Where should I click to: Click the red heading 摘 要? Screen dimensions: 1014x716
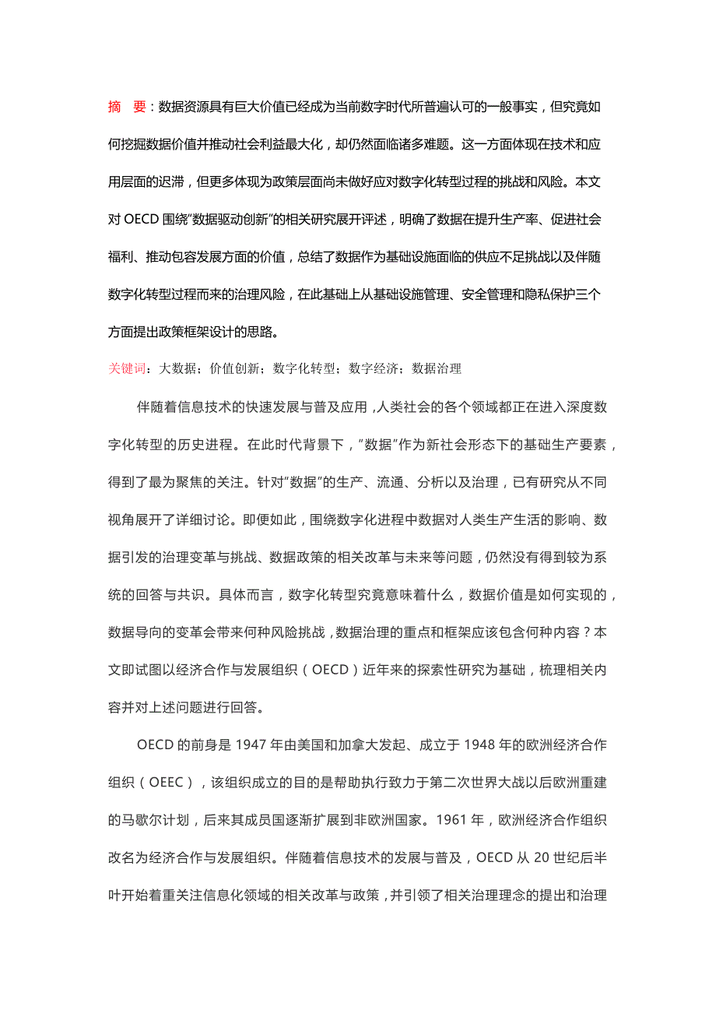(x=127, y=107)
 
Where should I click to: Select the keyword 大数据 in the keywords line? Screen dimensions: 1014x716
(x=177, y=368)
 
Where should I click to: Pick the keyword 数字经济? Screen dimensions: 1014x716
(x=374, y=368)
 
